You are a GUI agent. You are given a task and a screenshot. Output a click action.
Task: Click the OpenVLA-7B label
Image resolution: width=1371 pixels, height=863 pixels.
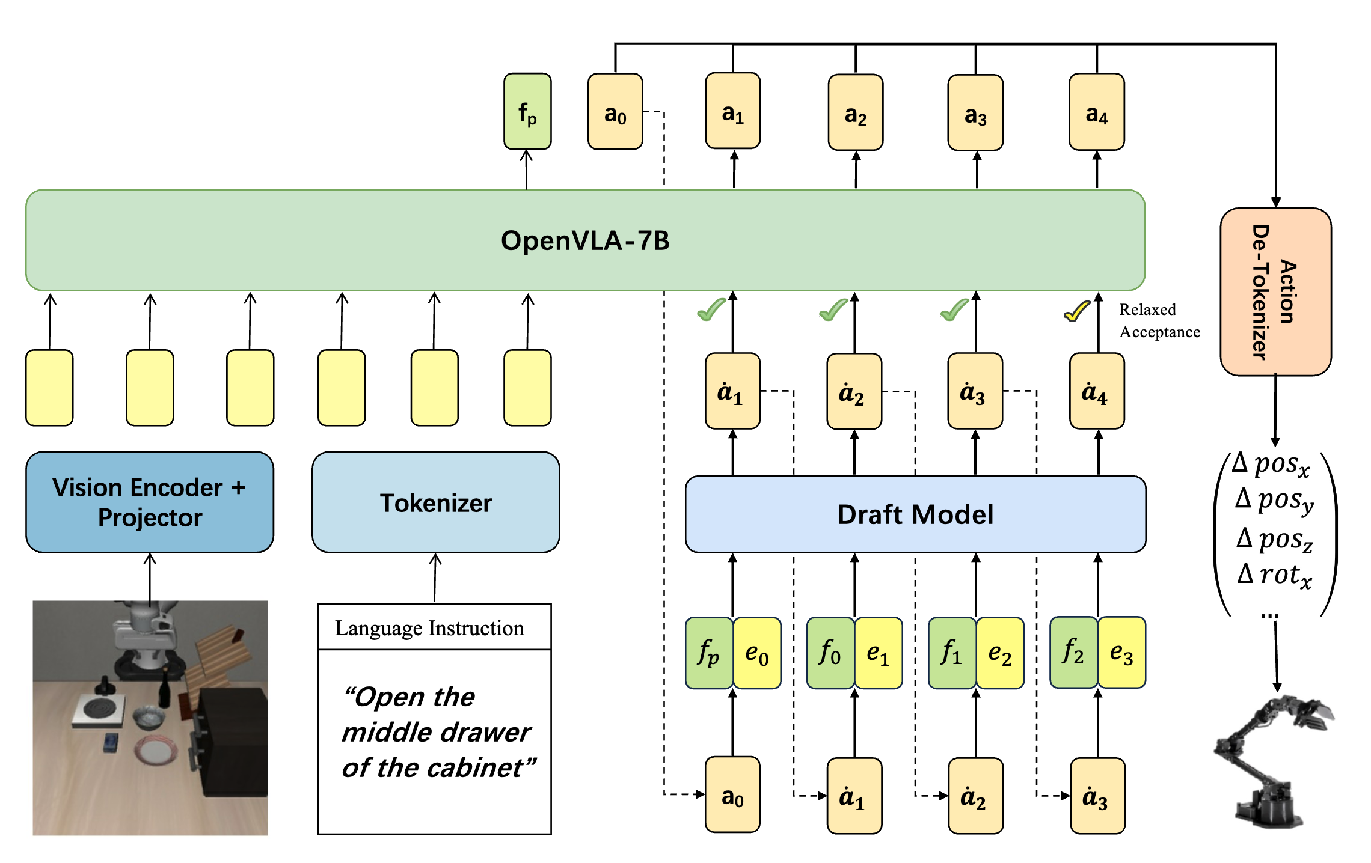point(584,240)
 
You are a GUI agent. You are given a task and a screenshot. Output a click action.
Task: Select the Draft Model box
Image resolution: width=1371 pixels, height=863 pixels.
point(915,514)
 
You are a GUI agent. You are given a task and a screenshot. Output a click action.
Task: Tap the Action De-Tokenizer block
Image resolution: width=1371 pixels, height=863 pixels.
point(1275,292)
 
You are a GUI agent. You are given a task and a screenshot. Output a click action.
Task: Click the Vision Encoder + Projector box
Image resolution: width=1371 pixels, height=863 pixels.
point(149,502)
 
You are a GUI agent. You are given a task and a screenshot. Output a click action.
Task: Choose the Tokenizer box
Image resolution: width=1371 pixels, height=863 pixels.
point(435,502)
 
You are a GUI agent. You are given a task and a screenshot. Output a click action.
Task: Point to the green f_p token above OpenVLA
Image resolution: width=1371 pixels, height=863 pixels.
point(527,112)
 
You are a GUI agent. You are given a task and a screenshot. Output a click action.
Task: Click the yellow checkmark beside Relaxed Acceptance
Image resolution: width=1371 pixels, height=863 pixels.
point(1077,311)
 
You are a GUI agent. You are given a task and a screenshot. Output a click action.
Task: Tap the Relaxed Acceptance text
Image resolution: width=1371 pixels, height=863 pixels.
point(1158,320)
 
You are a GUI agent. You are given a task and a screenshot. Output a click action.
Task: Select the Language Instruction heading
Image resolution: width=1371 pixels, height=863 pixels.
point(429,628)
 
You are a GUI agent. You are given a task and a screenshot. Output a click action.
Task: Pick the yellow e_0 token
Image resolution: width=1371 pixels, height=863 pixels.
point(756,653)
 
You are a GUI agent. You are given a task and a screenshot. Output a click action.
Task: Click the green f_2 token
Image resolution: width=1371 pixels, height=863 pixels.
point(1073,652)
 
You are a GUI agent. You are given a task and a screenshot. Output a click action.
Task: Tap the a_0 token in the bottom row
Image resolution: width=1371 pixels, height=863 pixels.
point(732,795)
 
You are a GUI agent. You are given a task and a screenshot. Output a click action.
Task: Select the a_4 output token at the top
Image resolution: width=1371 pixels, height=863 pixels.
point(1096,112)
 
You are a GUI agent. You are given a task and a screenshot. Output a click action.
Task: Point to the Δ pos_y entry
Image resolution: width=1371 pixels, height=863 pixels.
point(1274,500)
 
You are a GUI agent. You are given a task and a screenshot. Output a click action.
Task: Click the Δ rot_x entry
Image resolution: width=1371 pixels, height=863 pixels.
point(1274,575)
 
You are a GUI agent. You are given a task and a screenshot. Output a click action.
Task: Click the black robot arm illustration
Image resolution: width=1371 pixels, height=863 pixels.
point(1272,760)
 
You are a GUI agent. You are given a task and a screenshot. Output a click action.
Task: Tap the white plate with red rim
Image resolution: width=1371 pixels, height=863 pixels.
point(156,751)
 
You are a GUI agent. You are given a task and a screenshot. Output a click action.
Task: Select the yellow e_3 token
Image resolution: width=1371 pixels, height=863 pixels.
point(1121,652)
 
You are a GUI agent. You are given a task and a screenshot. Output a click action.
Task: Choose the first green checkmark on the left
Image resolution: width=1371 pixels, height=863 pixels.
point(711,310)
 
